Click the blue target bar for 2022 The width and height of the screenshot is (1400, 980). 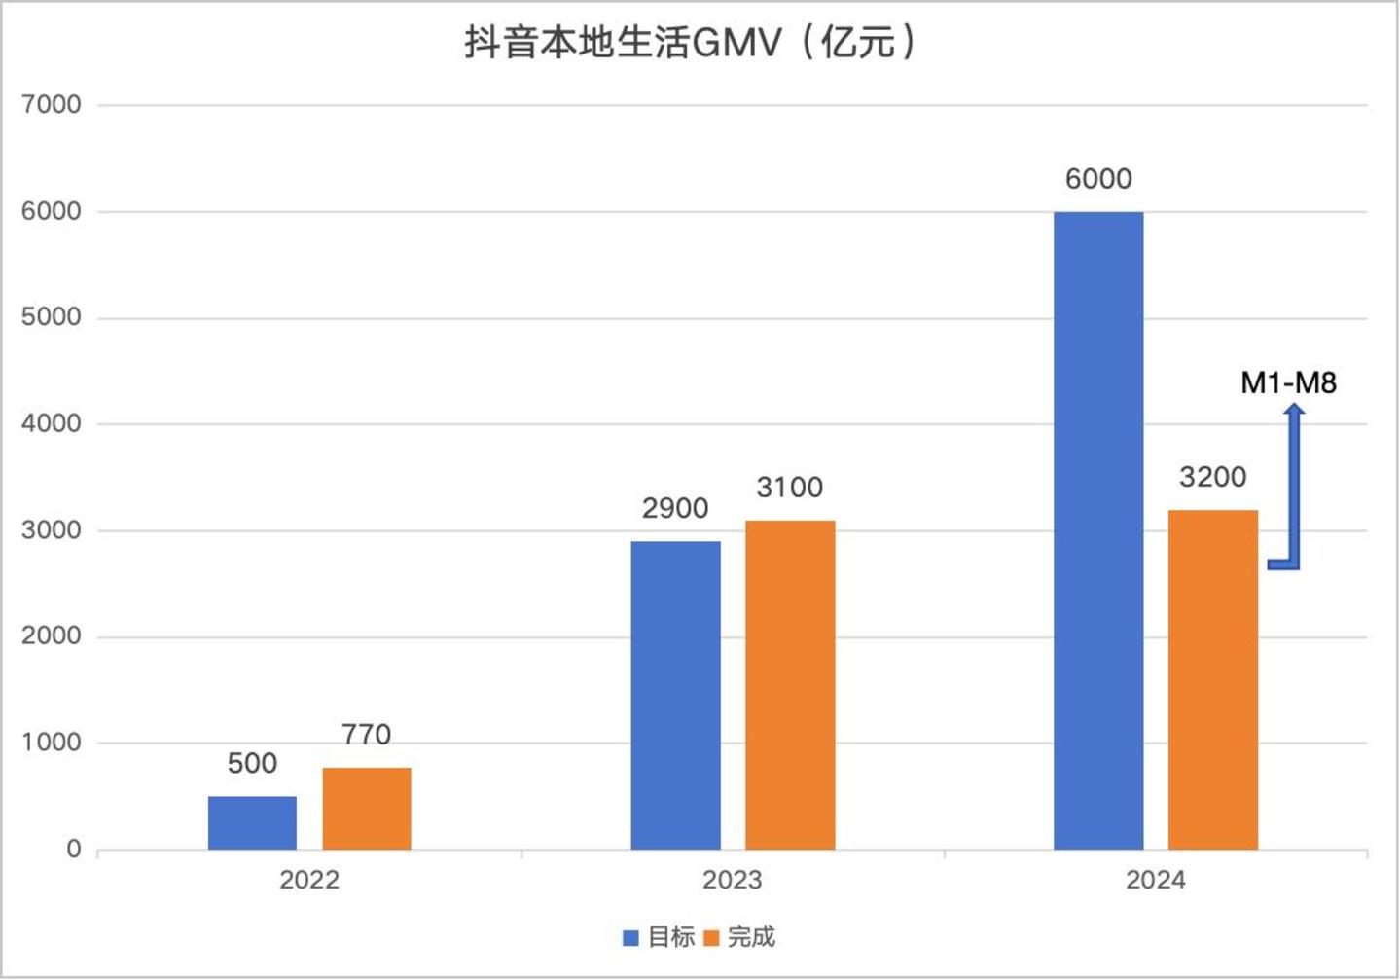point(252,822)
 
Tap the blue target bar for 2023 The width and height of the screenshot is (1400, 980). point(675,695)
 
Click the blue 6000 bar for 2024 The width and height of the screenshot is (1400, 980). point(1098,530)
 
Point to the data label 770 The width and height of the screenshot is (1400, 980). point(366,734)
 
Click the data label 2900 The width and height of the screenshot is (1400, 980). point(675,508)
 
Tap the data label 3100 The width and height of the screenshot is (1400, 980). point(789,487)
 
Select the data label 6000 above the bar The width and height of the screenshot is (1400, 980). point(1098,179)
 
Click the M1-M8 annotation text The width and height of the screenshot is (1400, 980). point(1288,382)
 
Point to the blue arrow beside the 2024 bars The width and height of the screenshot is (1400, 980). point(1293,487)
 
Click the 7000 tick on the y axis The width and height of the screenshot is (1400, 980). point(52,105)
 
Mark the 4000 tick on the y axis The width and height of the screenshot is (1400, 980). point(52,424)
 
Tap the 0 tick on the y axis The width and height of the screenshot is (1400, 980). point(73,850)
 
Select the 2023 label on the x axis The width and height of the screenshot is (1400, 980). point(732,881)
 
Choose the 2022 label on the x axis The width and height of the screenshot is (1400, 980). point(309,881)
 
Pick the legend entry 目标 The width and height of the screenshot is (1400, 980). point(660,937)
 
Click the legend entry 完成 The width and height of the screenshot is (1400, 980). point(739,937)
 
